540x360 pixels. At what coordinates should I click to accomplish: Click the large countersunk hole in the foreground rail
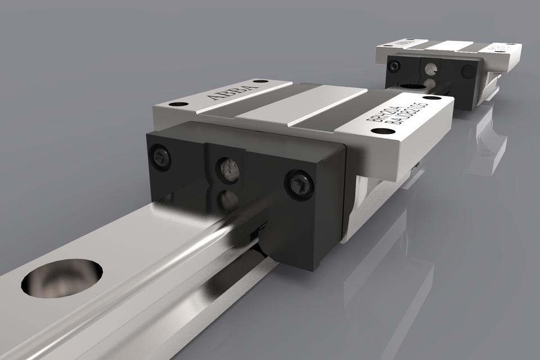[62, 277]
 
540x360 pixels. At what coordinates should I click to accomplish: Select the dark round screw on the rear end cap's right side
[467, 71]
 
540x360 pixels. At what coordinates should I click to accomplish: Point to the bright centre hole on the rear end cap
[431, 69]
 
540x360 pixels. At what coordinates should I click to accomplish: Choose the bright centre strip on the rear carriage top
[453, 46]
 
